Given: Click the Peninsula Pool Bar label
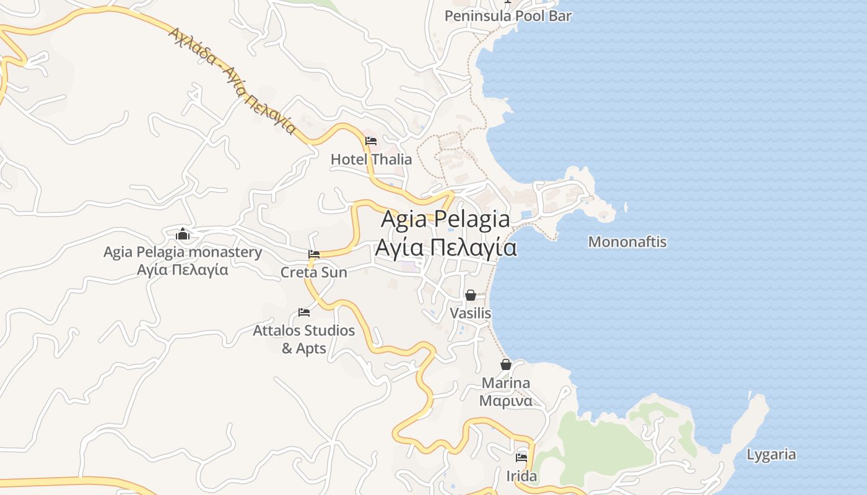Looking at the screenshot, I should (x=508, y=16).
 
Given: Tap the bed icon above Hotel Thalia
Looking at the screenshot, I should (x=371, y=141).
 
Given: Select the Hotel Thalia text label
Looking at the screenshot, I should (x=371, y=159).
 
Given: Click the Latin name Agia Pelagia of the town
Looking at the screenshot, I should (x=445, y=219).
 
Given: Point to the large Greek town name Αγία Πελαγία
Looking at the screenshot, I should (x=445, y=247).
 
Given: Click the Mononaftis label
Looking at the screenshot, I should (x=627, y=241).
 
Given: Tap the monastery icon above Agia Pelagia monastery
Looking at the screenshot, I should (x=183, y=235).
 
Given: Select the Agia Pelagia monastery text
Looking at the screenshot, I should (x=183, y=252).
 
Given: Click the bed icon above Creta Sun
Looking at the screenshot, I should (x=314, y=254).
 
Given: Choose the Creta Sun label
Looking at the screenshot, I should (x=314, y=272).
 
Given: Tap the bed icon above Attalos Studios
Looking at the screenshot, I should (x=304, y=312).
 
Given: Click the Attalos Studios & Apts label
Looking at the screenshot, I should (x=304, y=339).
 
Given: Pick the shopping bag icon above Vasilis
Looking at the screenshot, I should (x=471, y=295).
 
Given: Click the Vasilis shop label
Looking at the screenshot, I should (x=471, y=313).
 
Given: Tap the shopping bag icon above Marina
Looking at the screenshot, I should (x=506, y=364).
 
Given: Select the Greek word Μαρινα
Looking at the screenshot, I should (x=506, y=400).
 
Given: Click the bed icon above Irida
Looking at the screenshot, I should (x=521, y=458).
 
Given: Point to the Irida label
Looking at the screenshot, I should (x=521, y=476).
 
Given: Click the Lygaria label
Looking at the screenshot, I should (x=771, y=455).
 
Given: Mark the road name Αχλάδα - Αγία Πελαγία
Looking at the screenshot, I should (x=232, y=80).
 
